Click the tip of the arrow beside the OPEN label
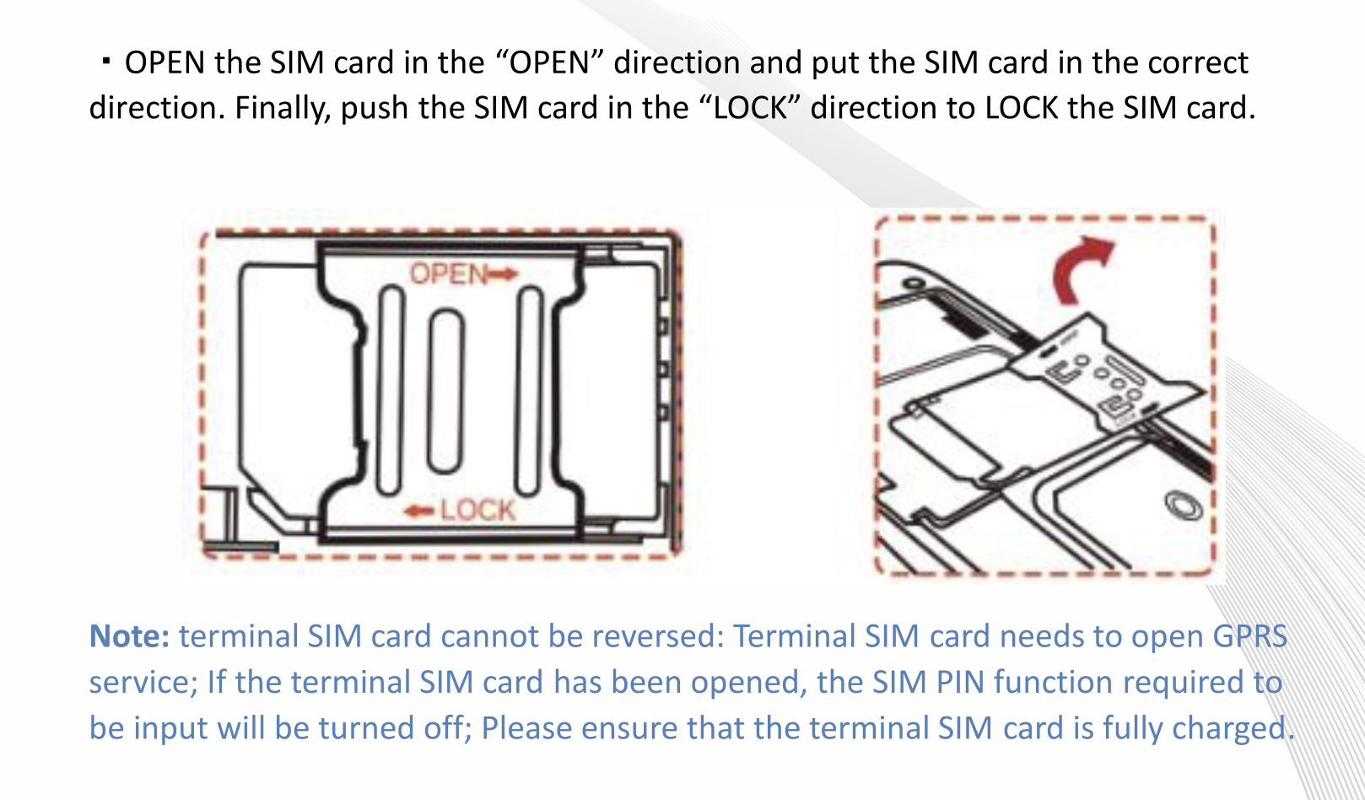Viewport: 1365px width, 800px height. [x=518, y=274]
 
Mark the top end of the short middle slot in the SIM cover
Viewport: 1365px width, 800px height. [x=446, y=311]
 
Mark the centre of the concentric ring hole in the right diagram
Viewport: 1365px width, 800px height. [x=1183, y=506]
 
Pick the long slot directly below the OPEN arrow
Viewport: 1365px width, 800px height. [x=530, y=391]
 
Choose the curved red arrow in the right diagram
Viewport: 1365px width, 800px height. [x=1083, y=269]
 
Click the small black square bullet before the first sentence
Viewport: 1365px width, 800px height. [x=106, y=62]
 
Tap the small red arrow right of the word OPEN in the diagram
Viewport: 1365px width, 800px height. [x=504, y=274]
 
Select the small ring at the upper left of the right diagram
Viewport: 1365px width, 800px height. [x=912, y=284]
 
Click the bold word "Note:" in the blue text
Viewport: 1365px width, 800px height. [x=129, y=636]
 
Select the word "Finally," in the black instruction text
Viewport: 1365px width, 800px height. [x=282, y=109]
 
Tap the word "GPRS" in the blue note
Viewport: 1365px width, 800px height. [x=1249, y=636]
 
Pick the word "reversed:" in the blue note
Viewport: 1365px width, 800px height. [x=657, y=636]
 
